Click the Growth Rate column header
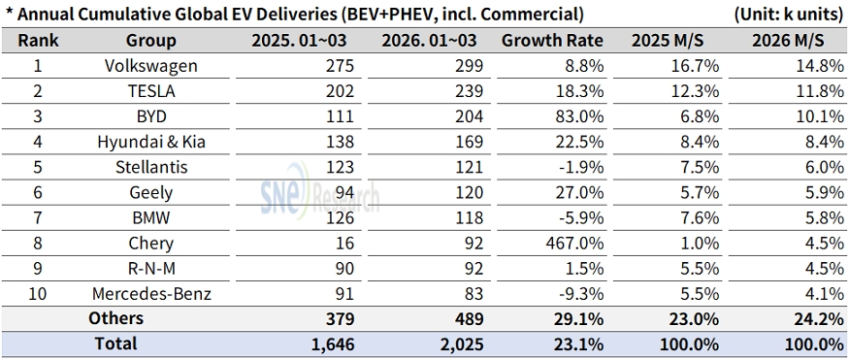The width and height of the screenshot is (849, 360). point(552,41)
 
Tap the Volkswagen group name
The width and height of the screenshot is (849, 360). point(151,66)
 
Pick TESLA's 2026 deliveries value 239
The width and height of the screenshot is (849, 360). point(469,91)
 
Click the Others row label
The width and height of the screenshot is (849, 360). point(115,318)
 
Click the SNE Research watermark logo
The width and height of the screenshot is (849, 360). point(319,190)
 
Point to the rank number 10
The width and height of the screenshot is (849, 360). point(38,294)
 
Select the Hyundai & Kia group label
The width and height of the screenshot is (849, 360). point(151,142)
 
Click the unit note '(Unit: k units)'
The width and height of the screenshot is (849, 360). point(788,15)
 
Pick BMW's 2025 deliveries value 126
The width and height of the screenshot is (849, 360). point(341,217)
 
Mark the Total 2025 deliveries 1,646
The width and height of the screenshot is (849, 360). point(333,344)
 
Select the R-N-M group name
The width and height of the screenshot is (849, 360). point(151,269)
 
